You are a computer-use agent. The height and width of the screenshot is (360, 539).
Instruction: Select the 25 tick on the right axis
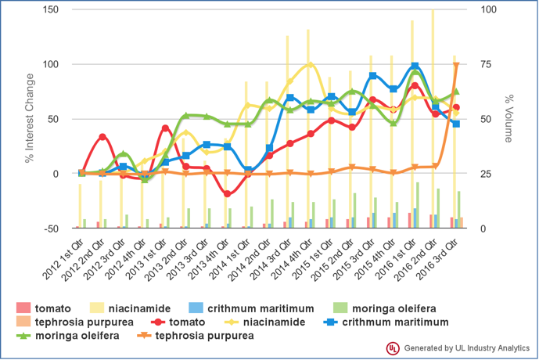point(487,174)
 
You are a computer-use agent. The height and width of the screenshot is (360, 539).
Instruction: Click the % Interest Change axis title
point(29,119)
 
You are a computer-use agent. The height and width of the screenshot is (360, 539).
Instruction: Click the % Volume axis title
point(508,119)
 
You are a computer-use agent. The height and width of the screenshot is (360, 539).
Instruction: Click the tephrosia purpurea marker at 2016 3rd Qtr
point(456,66)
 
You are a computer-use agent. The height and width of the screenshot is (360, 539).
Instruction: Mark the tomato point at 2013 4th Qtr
point(228,193)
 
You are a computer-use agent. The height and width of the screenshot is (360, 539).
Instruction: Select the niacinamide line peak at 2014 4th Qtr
point(311,65)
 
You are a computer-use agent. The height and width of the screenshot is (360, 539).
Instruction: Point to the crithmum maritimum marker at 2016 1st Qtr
point(415,67)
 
